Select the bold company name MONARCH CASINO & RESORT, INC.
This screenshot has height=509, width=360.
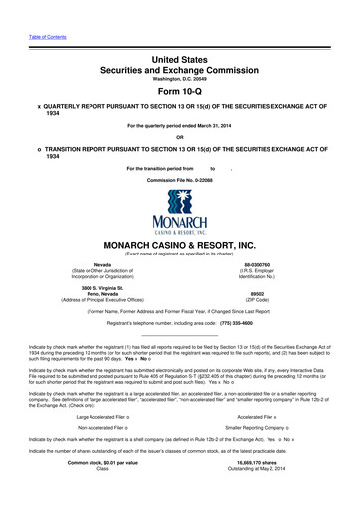[179, 243]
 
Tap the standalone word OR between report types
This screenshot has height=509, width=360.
[179, 137]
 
